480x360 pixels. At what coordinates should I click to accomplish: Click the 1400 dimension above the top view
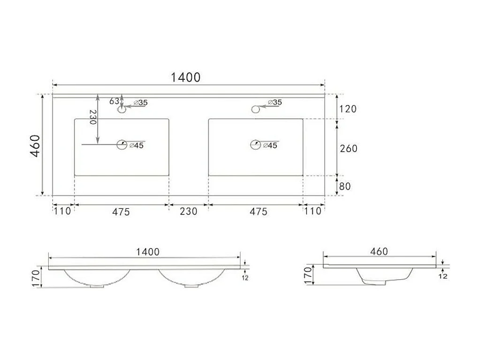click(x=186, y=77)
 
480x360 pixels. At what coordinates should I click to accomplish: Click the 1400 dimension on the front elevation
click(x=147, y=252)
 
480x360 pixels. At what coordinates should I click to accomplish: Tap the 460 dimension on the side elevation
click(x=379, y=251)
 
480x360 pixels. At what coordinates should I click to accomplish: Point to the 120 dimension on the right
click(x=348, y=109)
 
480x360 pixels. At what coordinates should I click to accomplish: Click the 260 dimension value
click(x=348, y=148)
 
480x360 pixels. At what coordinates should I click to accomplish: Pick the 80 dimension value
click(x=345, y=186)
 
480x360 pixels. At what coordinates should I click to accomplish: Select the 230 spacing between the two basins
click(x=189, y=211)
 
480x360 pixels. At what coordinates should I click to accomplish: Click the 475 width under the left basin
click(x=121, y=212)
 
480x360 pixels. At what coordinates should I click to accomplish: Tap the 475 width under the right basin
click(x=258, y=212)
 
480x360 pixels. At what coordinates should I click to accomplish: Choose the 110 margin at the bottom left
click(x=61, y=211)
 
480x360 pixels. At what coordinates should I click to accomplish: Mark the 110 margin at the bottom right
click(x=313, y=211)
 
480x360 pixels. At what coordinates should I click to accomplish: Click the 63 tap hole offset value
click(x=114, y=101)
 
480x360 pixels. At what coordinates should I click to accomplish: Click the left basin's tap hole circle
click(x=122, y=110)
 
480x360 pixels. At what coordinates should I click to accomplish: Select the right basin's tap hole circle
click(x=256, y=109)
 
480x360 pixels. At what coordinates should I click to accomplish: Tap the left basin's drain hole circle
click(x=122, y=145)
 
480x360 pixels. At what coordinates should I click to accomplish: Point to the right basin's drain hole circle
click(x=255, y=145)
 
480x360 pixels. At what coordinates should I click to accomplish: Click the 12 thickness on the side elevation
click(x=442, y=276)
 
